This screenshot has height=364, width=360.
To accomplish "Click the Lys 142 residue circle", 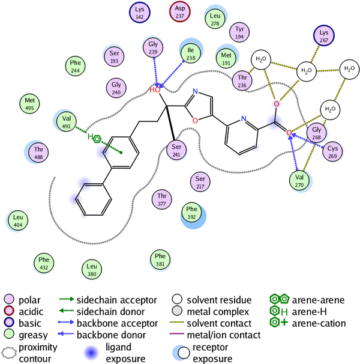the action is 140,13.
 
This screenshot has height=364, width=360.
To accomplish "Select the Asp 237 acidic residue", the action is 180,11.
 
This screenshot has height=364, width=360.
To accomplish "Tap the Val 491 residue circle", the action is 67,122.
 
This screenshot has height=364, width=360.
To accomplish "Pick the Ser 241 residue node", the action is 176,150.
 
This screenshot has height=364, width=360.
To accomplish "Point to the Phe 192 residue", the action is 191,213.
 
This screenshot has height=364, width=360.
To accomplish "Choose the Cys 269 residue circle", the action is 332,152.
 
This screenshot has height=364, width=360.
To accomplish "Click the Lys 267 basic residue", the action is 324,36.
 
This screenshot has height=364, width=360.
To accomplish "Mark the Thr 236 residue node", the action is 242,80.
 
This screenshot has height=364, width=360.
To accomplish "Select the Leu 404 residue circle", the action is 18,220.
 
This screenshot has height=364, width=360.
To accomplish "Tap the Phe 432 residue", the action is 44,263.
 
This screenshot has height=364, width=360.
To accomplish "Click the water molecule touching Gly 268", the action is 330,110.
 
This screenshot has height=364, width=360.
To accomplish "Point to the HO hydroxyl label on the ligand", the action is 155,90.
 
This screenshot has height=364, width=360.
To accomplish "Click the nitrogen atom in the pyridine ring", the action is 244,118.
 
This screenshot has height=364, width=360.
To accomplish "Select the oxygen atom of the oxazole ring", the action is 196,121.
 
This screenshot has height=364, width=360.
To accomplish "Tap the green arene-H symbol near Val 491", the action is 94,138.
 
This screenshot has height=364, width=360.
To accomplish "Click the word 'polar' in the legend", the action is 29,300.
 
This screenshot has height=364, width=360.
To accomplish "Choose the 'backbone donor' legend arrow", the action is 66,334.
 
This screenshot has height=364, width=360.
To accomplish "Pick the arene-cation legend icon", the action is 278,323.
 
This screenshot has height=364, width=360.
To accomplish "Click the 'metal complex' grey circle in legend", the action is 177,311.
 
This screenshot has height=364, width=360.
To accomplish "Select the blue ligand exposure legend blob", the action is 91,353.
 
